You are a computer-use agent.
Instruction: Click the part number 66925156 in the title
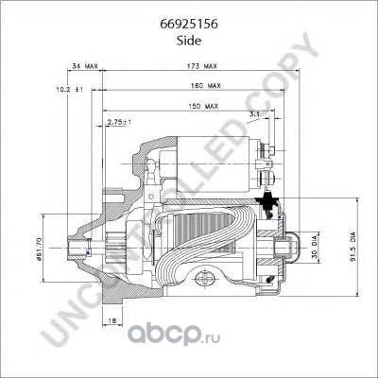[189, 25]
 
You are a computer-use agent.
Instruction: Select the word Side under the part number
[189, 41]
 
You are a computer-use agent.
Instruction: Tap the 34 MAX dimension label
[85, 66]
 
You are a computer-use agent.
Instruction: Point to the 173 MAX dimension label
[202, 66]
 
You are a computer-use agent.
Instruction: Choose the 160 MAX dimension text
[205, 85]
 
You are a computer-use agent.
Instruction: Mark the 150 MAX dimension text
[203, 106]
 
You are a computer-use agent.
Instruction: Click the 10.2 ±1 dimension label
[69, 90]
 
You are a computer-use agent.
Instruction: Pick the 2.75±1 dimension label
[119, 122]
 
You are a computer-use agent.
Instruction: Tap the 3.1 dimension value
[254, 114]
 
